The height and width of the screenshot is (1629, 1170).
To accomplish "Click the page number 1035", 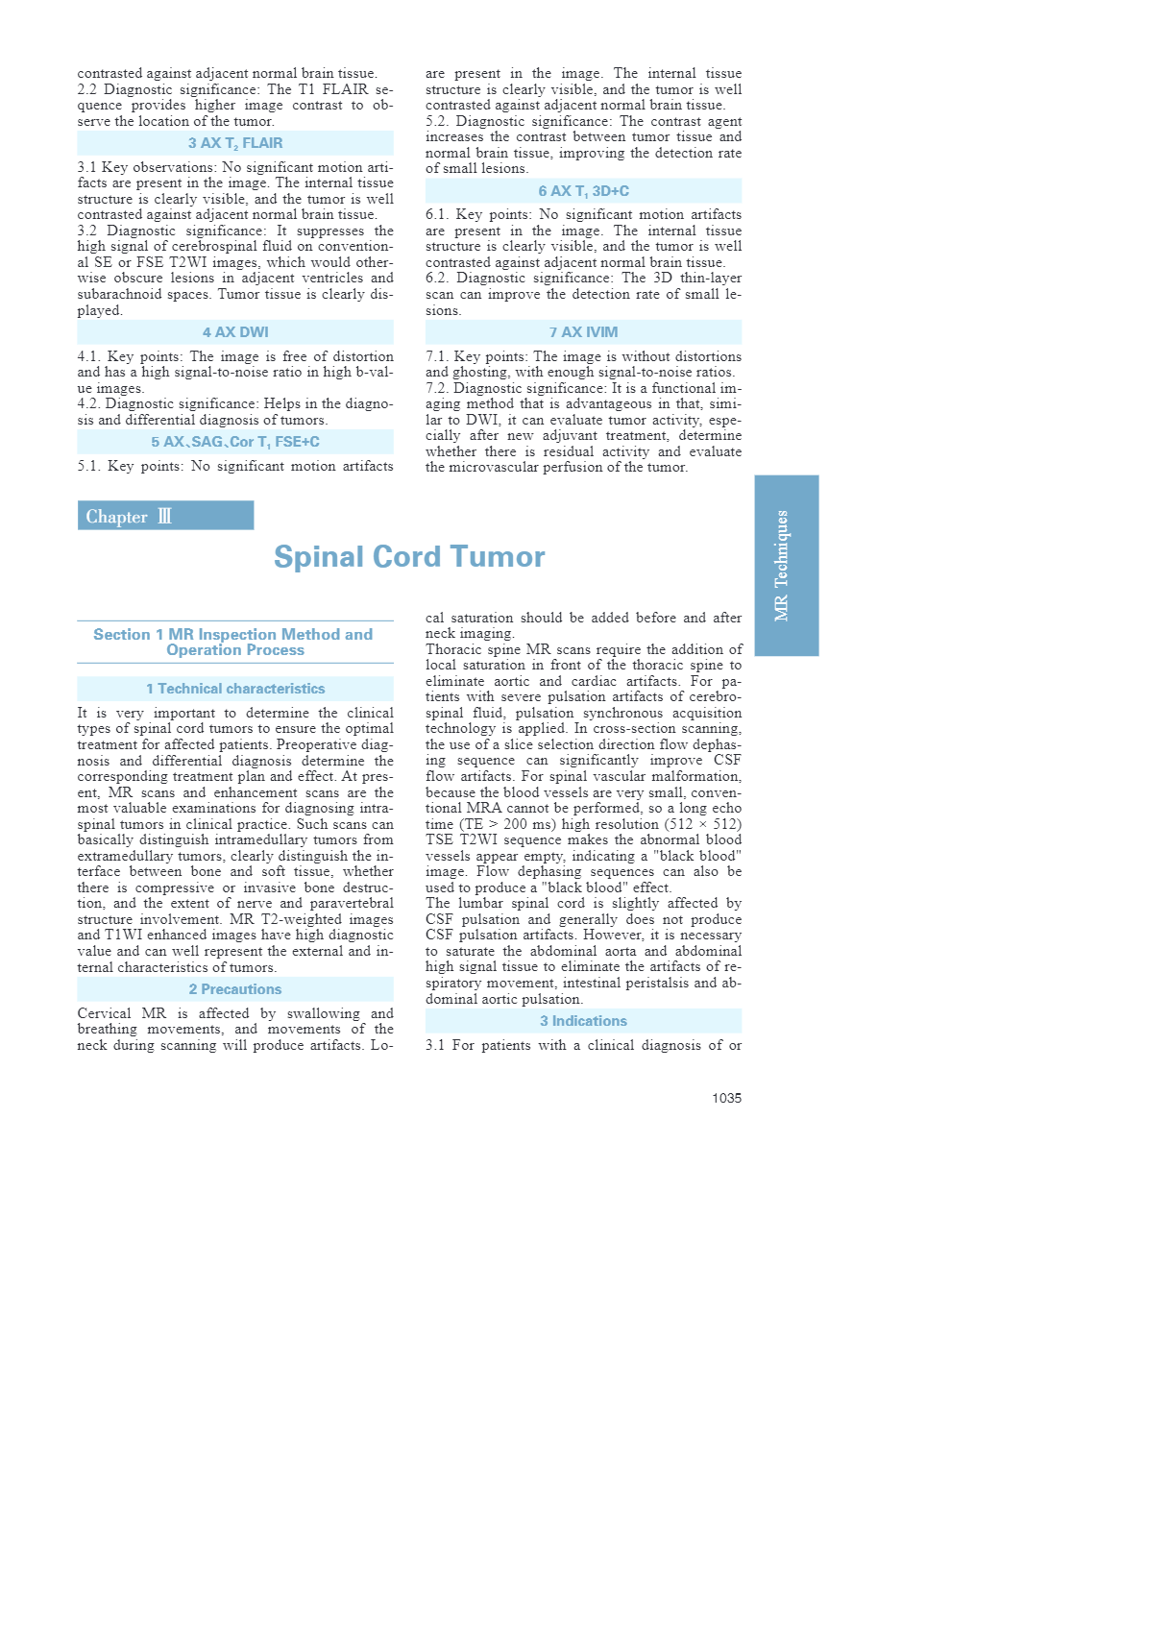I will coord(726,1098).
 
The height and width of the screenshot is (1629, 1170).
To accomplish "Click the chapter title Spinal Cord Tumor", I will coord(409,557).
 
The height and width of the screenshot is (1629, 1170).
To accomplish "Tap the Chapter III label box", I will coord(165,516).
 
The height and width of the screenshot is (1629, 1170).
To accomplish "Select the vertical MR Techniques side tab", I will coord(786,565).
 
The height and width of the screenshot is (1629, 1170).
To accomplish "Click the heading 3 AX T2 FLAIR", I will coord(235,143).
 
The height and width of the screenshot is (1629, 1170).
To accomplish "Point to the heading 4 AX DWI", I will coord(235,332).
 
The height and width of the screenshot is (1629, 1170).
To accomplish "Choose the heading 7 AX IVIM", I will coord(583,332).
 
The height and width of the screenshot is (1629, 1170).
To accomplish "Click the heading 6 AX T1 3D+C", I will coord(583,191).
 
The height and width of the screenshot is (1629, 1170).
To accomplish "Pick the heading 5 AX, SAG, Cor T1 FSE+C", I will coord(235,442).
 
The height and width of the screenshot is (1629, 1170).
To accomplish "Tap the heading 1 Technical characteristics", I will coord(235,689).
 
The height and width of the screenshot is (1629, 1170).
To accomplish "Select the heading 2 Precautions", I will coord(235,989).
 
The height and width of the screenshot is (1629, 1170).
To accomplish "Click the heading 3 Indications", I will coord(583,1021).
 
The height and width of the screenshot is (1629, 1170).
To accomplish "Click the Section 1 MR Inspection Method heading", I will coord(234,642).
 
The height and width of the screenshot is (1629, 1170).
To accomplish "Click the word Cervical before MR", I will coord(104,1013).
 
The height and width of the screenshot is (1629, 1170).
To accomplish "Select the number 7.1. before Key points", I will coord(438,356).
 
